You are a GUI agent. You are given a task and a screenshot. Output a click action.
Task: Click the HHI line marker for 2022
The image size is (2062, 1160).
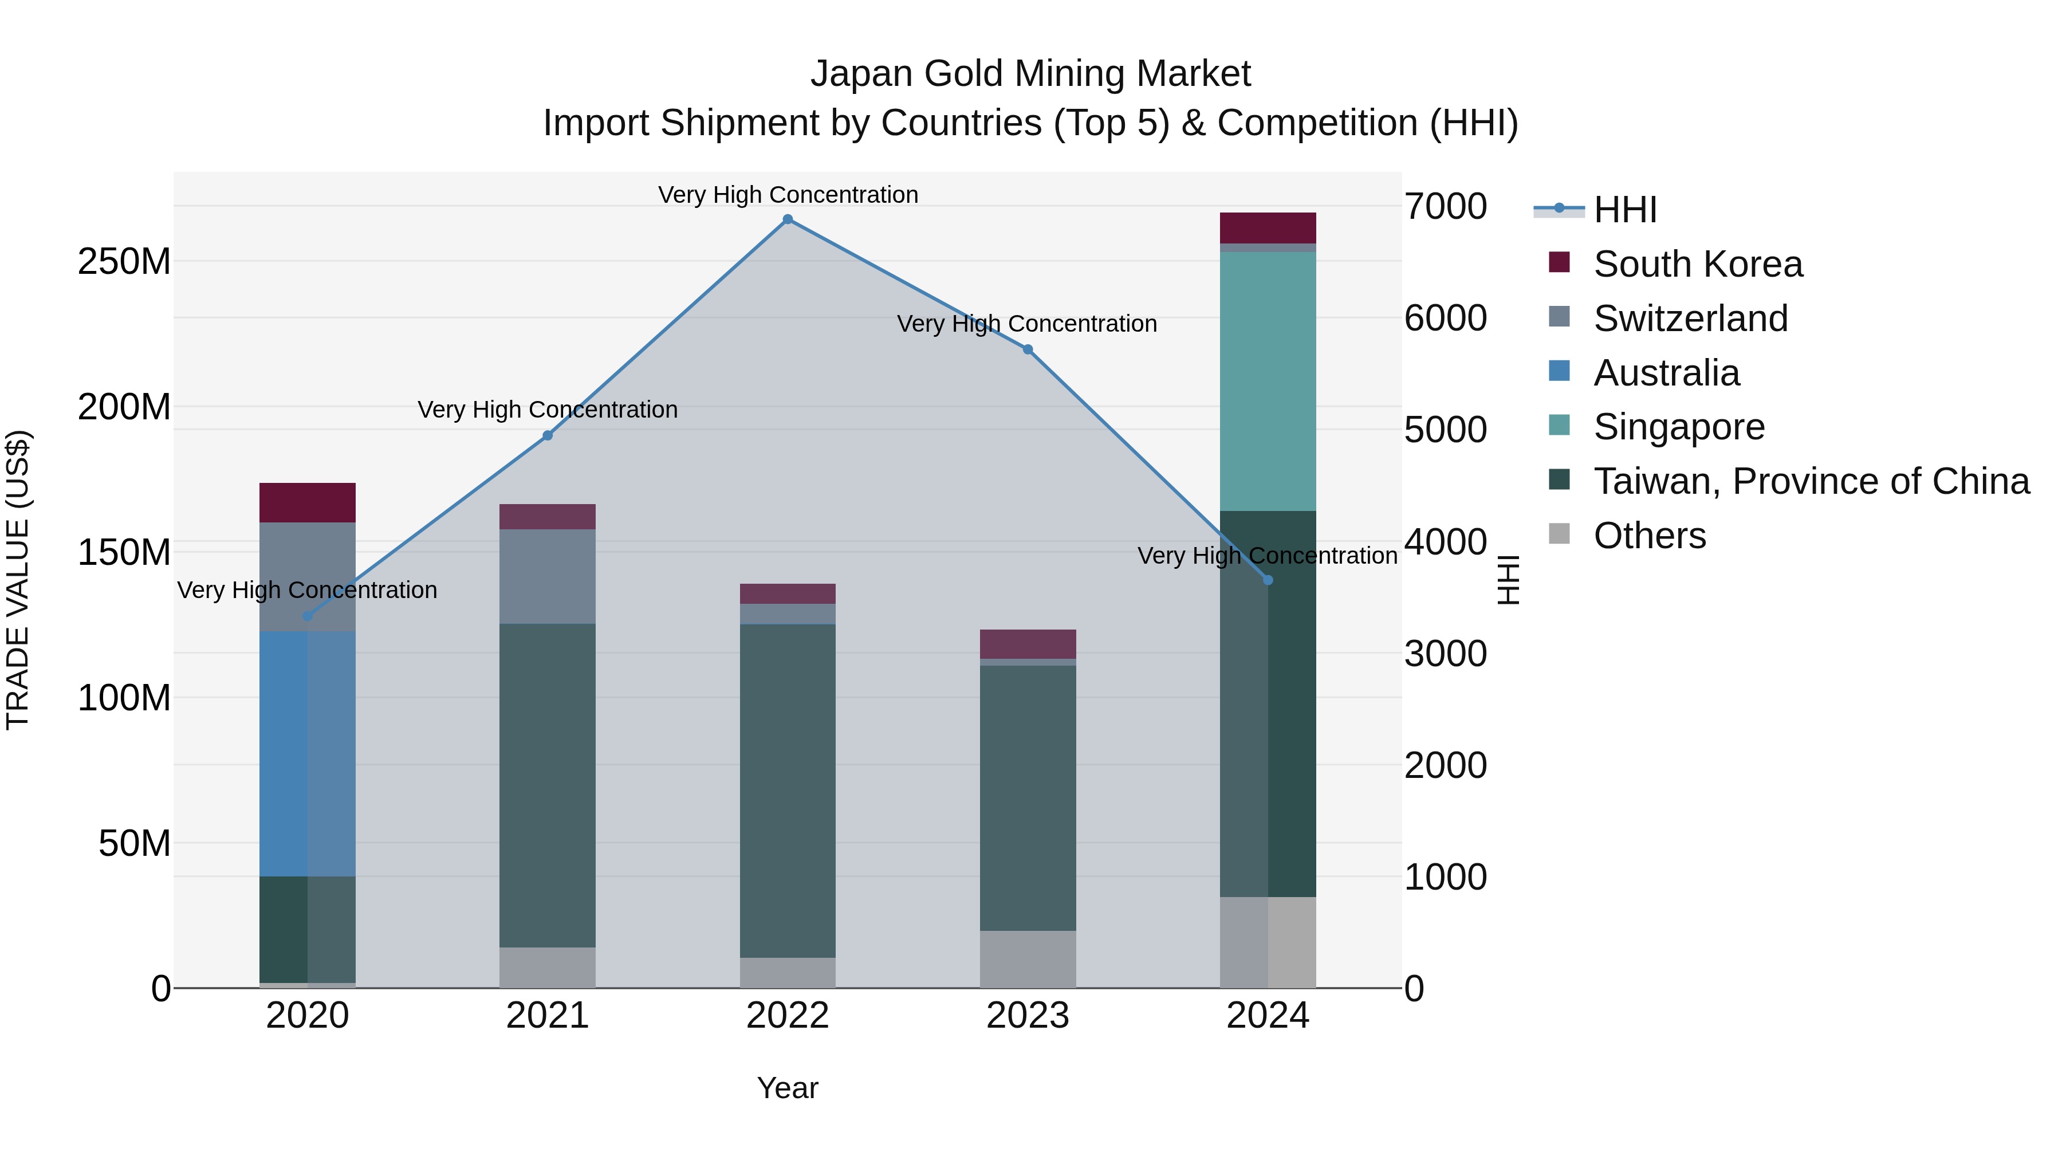788,219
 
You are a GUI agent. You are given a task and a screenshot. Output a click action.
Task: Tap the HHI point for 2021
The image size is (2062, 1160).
548,435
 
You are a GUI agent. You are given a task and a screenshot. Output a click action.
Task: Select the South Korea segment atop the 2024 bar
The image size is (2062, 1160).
1268,228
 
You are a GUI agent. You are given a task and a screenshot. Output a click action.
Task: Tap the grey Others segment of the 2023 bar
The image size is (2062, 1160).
1028,959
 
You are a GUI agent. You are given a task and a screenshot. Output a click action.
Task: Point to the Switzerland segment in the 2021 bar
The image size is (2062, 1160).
548,576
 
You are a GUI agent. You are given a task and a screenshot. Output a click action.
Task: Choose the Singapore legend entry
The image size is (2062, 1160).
1679,427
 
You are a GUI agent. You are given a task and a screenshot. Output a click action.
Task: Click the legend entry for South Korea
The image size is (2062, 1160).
1698,264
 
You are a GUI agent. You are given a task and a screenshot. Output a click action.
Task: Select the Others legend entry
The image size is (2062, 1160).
1649,536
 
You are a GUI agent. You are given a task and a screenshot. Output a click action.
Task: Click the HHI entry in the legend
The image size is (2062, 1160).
1624,210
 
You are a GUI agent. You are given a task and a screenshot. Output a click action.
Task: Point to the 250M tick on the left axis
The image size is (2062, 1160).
124,262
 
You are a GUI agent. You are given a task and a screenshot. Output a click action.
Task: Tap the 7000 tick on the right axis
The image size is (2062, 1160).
1446,207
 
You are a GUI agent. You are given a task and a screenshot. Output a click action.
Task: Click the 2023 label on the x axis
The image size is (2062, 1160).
1028,1016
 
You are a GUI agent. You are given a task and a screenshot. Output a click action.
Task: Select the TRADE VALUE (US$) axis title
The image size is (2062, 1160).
18,580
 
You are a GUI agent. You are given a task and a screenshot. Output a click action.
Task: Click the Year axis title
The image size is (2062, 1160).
788,1088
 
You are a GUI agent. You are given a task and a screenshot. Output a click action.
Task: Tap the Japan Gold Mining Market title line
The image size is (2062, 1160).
1030,74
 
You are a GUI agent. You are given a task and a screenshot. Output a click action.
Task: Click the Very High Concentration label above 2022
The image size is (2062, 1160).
788,195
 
